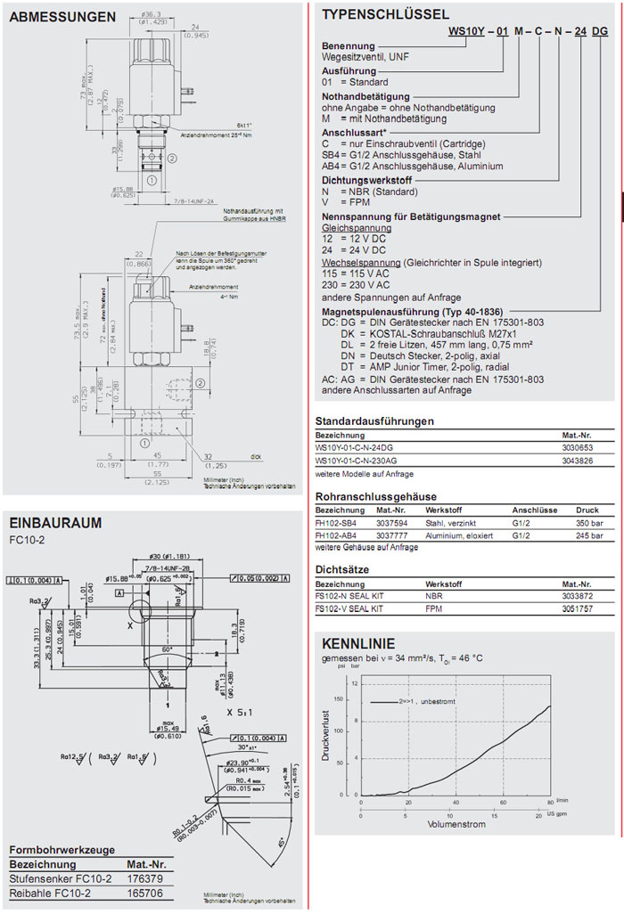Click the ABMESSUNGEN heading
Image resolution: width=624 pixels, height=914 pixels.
click(62, 17)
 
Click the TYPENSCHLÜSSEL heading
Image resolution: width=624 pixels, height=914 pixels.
click(384, 14)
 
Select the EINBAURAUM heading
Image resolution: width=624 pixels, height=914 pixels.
click(55, 523)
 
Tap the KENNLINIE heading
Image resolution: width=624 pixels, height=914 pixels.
click(356, 643)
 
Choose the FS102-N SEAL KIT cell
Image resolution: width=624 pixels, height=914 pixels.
click(349, 594)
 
